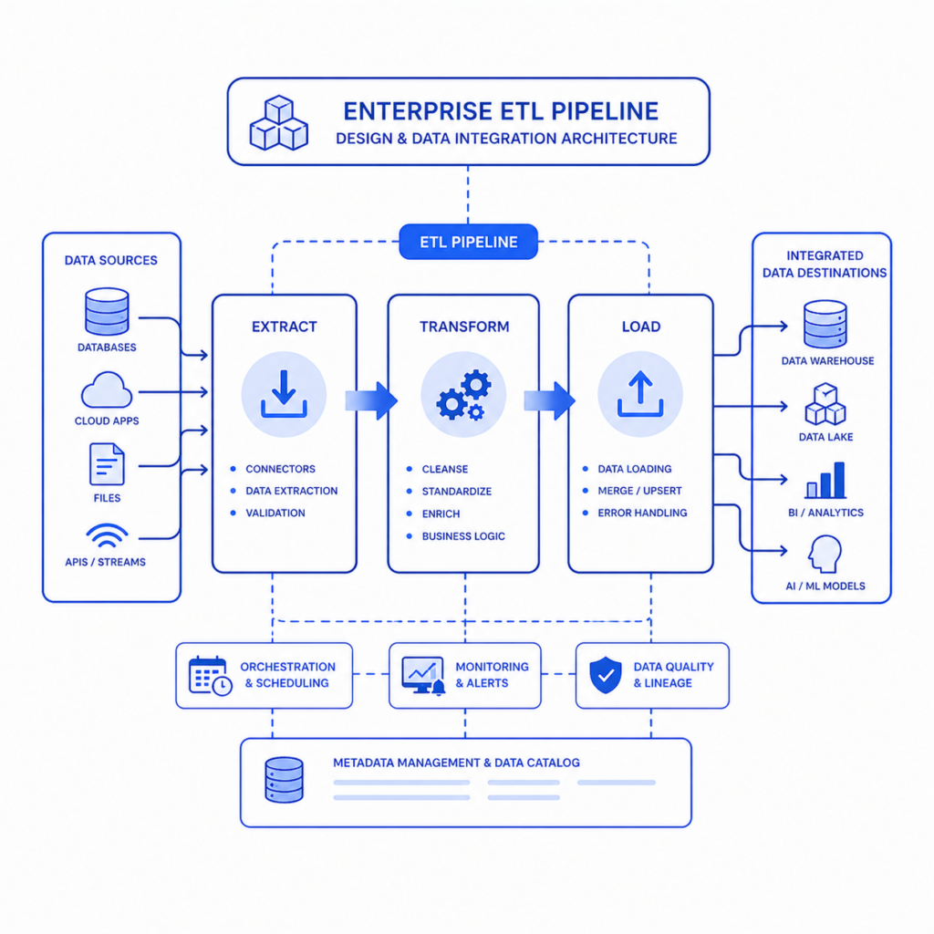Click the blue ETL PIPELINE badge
point(468,242)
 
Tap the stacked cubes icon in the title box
point(279,123)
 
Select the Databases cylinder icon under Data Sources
point(108,312)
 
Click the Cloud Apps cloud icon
point(107,389)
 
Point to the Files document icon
point(108,464)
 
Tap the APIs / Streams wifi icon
point(108,534)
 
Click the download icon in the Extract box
point(284,394)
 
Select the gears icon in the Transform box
point(464,394)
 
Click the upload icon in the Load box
point(640,394)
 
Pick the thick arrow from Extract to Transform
point(371,401)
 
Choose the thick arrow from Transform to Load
point(549,401)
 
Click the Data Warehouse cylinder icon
point(825,324)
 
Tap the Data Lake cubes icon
point(825,404)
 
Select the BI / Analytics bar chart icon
point(825,480)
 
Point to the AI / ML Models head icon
point(825,554)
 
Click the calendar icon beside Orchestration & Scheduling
point(211,676)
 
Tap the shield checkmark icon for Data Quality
point(606,676)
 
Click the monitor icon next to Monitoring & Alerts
point(423,676)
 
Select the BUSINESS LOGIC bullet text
point(463,536)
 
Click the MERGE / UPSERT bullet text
point(639,491)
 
